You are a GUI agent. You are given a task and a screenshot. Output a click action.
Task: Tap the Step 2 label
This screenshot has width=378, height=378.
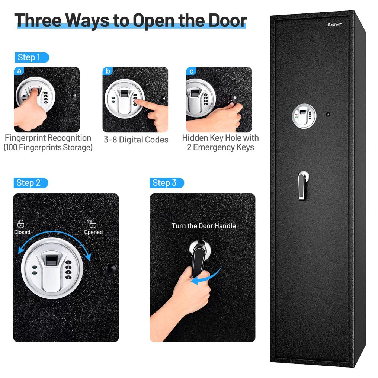point(32,183)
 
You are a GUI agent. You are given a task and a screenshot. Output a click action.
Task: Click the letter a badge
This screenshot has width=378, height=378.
point(19,71)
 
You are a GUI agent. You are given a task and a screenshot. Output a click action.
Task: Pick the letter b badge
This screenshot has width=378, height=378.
point(108,71)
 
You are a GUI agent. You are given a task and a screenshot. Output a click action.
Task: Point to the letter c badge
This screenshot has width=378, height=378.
point(191,71)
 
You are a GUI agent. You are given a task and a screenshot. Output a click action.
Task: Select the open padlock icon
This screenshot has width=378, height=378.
point(91,223)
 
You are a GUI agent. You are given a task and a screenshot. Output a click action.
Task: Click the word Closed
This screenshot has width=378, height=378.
point(22,232)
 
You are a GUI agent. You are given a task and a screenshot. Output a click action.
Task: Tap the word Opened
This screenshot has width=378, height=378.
point(93,232)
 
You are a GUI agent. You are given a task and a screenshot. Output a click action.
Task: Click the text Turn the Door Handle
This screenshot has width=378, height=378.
point(204,226)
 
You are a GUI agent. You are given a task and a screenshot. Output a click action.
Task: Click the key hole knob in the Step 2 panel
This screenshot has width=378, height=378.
point(110,268)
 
